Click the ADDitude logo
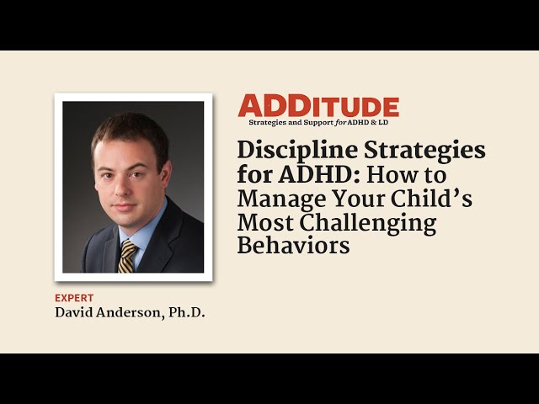[318, 106]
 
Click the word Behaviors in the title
[293, 247]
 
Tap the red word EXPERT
[74, 298]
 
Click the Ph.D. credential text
[187, 313]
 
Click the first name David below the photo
[74, 313]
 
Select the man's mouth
[123, 205]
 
